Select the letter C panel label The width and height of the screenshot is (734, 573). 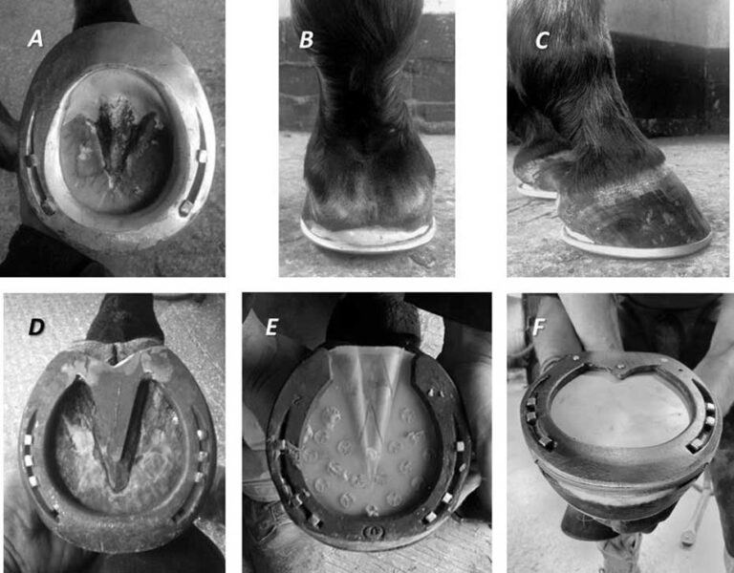point(542,40)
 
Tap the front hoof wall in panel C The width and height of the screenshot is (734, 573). point(669,205)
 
